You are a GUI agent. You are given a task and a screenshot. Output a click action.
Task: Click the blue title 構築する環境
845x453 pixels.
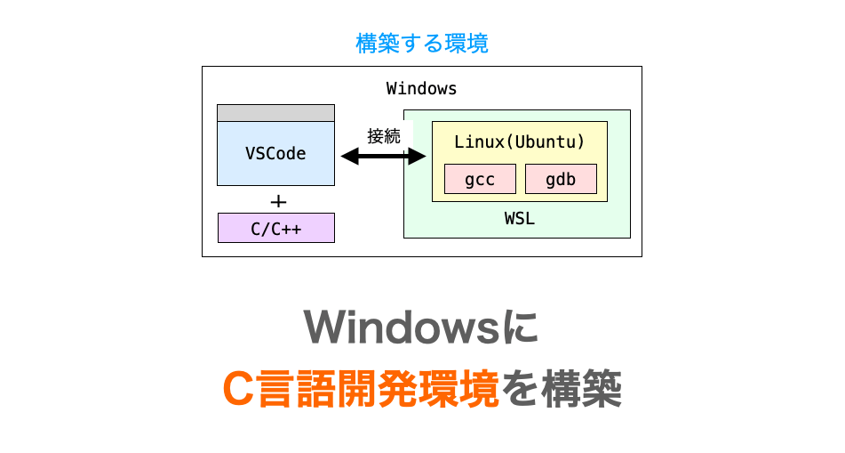tap(422, 43)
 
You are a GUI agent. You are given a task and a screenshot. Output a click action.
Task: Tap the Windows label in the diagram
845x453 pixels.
tap(421, 89)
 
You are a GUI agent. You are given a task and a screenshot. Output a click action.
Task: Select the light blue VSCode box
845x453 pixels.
tap(275, 153)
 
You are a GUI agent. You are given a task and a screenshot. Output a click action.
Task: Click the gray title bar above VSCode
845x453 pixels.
tap(275, 113)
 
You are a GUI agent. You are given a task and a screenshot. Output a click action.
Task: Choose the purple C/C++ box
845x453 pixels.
tap(275, 229)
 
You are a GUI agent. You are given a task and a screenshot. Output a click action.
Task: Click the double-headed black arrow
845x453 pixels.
tap(374, 157)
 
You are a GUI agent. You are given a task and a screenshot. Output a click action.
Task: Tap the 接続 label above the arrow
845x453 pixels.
tap(384, 136)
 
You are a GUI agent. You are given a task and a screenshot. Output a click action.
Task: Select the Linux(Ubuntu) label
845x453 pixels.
tap(519, 142)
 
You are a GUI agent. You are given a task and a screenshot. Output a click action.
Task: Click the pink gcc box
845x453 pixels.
tap(480, 180)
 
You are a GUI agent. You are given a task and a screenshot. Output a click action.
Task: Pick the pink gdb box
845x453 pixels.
tap(561, 180)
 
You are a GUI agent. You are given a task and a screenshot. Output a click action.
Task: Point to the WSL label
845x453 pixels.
tap(519, 218)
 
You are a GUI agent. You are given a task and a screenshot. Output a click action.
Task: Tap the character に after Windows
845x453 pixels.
tap(523, 328)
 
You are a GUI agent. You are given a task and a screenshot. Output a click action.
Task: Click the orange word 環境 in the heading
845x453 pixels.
tap(469, 389)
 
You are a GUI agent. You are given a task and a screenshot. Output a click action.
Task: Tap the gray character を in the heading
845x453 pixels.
tap(518, 389)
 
